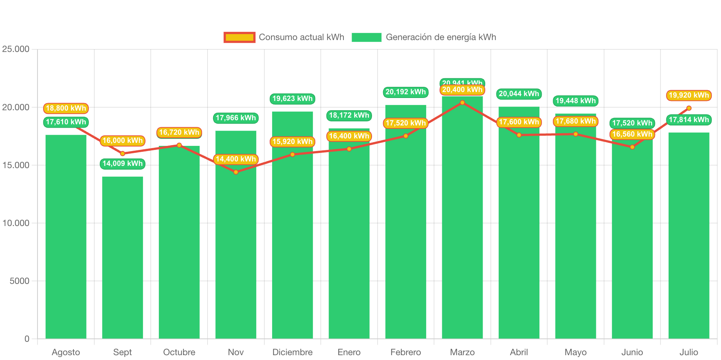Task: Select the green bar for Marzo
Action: click(462, 223)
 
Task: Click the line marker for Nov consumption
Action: click(236, 172)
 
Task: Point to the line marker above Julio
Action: click(689, 108)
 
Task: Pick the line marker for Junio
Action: click(632, 147)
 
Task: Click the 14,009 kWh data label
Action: click(123, 164)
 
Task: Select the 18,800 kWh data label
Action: click(66, 108)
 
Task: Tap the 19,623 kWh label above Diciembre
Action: click(293, 99)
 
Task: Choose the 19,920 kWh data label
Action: click(689, 95)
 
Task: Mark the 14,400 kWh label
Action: click(236, 159)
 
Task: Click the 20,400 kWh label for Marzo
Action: click(462, 90)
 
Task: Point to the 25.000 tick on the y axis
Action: click(16, 49)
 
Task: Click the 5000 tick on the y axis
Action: click(19, 281)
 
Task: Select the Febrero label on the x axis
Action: click(405, 352)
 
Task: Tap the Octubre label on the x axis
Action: click(179, 352)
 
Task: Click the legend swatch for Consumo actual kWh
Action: click(239, 37)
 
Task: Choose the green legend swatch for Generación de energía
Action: click(366, 37)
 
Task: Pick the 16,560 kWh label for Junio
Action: click(632, 134)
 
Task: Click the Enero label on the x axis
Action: click(349, 352)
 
